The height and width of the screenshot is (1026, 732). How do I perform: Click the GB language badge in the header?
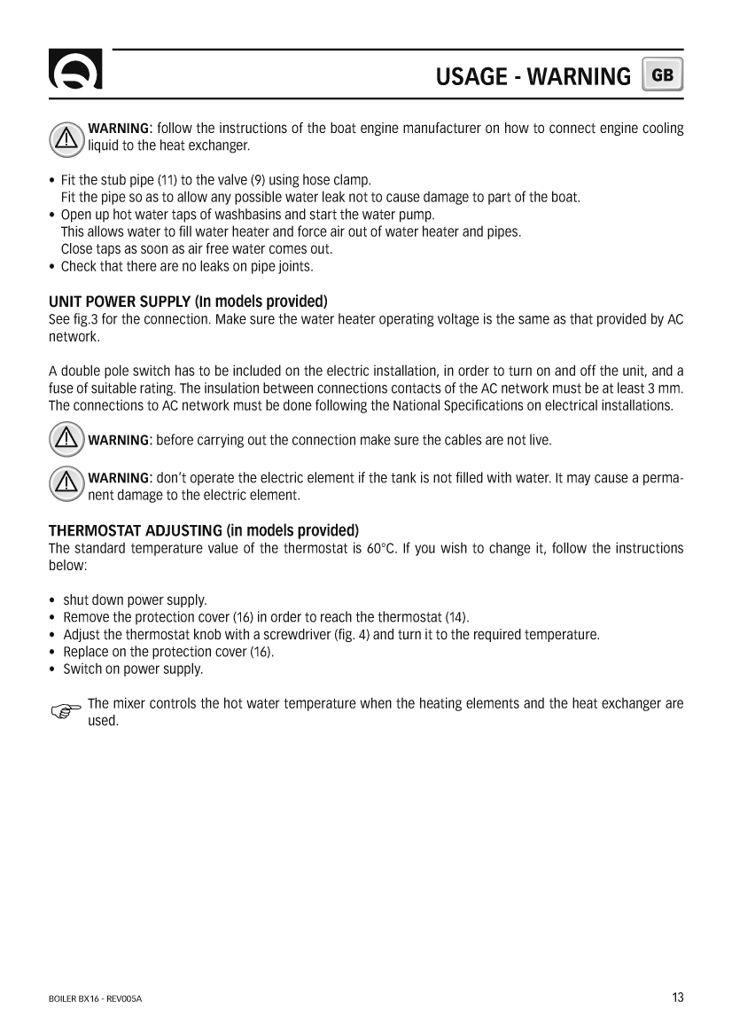point(663,75)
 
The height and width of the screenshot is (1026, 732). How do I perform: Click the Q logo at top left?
point(75,72)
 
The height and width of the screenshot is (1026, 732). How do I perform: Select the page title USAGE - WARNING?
point(533,77)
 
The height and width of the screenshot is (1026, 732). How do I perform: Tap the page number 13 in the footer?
point(677,998)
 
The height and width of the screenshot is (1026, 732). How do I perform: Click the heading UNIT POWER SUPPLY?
point(188,302)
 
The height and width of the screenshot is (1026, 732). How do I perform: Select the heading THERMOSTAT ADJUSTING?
point(203,531)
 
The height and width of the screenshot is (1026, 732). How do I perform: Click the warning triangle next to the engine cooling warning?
point(66,137)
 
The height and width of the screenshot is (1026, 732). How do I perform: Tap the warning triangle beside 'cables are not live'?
point(66,439)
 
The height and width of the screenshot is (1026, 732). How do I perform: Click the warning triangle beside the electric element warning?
point(66,481)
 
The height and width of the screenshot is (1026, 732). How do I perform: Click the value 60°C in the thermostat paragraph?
point(381,548)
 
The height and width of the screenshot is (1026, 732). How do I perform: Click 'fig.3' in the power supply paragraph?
point(86,319)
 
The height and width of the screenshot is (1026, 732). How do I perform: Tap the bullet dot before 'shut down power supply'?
point(54,600)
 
